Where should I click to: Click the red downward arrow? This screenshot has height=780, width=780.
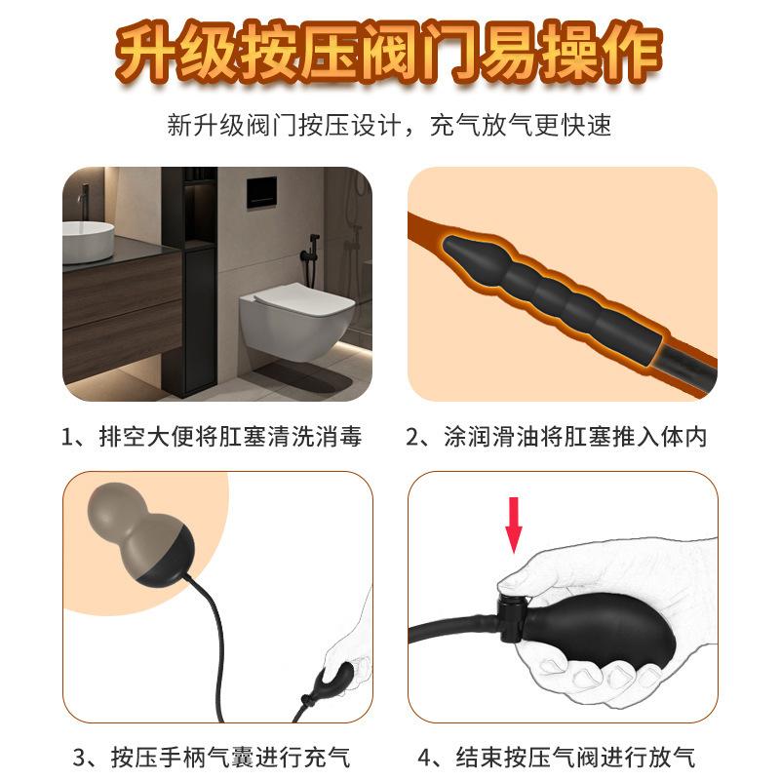514,525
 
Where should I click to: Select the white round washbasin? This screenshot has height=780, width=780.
88,242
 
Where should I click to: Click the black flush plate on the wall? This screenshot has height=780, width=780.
261,192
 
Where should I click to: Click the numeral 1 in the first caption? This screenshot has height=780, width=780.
67,438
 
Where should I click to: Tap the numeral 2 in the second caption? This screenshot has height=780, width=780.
413,438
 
